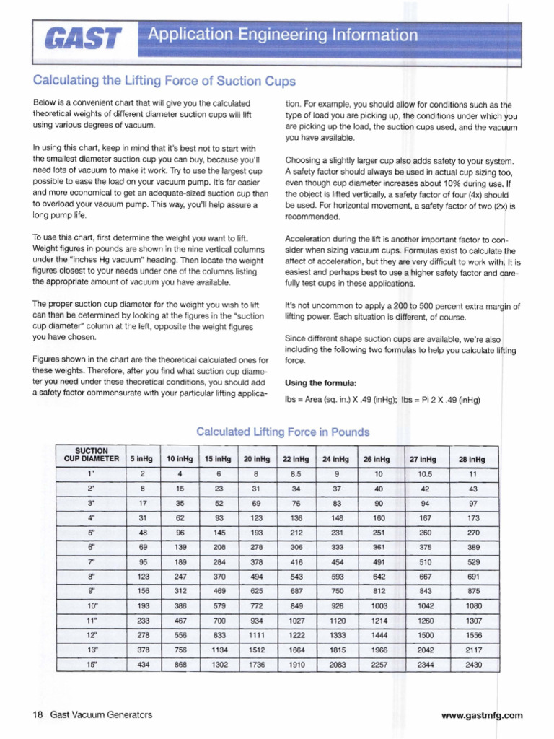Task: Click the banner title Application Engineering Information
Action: pyautogui.click(x=282, y=35)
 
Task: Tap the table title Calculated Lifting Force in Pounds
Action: pyautogui.click(x=283, y=432)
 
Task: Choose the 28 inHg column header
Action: pyautogui.click(x=472, y=458)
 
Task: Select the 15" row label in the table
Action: pyautogui.click(x=91, y=664)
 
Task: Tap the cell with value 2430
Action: pyautogui.click(x=472, y=664)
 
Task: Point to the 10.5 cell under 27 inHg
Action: pyautogui.click(x=426, y=474)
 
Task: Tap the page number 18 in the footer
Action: pyautogui.click(x=38, y=715)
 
